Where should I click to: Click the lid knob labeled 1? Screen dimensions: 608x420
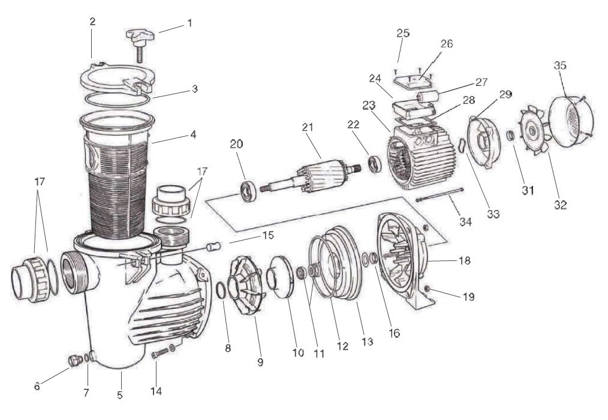click(140, 43)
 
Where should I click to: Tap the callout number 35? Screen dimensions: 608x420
click(560, 65)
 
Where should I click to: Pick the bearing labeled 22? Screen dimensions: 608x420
click(375, 164)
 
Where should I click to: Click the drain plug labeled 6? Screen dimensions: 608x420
click(74, 361)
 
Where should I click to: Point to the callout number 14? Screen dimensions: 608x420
click(156, 391)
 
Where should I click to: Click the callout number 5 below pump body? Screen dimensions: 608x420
click(120, 395)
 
